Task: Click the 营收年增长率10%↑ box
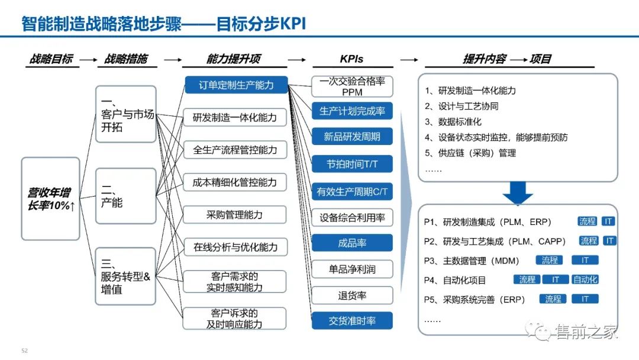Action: click(50, 198)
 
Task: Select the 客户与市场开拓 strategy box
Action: click(125, 114)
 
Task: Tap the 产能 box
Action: click(125, 196)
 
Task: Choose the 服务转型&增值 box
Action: click(125, 277)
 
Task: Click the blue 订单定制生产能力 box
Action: click(235, 85)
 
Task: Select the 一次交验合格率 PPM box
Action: click(352, 86)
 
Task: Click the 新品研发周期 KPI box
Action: click(352, 137)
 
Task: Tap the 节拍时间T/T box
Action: click(352, 163)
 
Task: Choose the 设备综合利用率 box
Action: click(352, 217)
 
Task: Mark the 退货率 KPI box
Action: click(352, 295)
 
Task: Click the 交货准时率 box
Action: click(352, 321)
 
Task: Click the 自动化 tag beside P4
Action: click(586, 279)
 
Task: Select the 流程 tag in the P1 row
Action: click(588, 221)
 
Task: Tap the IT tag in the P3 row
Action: click(585, 260)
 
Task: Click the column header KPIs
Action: click(351, 59)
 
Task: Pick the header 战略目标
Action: click(51, 59)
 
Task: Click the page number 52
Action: click(25, 351)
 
